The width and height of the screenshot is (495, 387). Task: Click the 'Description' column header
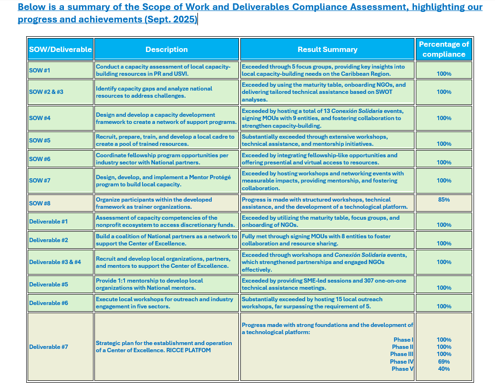[x=166, y=50]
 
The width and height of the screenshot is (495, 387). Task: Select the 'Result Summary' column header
[x=327, y=50]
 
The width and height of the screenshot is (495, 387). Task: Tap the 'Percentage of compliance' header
[x=444, y=49]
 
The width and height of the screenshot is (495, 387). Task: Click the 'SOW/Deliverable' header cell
[x=61, y=50]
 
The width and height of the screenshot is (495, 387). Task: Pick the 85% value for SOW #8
[x=444, y=200]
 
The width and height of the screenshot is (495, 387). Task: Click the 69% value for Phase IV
[x=444, y=362]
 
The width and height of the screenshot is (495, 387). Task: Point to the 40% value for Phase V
[x=444, y=369]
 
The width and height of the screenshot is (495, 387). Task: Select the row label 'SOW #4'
[x=40, y=118]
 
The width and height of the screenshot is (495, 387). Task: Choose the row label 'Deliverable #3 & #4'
[x=55, y=262]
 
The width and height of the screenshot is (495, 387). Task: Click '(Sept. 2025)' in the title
[x=174, y=20]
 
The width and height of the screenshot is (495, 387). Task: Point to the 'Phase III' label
[x=402, y=354]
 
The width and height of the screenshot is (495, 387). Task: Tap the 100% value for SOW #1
[x=444, y=74]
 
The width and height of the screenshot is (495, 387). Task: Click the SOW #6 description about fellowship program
[x=162, y=159]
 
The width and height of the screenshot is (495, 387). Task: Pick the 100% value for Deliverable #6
[x=444, y=306]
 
